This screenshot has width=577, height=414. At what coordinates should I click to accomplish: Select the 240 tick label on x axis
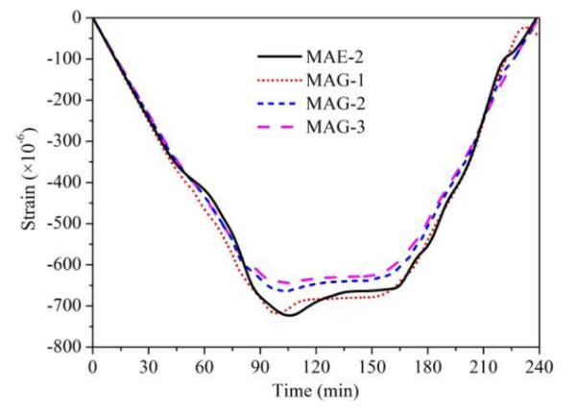click(x=538, y=366)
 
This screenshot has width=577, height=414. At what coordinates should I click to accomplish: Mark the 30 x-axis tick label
click(x=148, y=366)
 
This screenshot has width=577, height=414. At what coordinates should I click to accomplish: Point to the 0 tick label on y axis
click(x=78, y=17)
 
